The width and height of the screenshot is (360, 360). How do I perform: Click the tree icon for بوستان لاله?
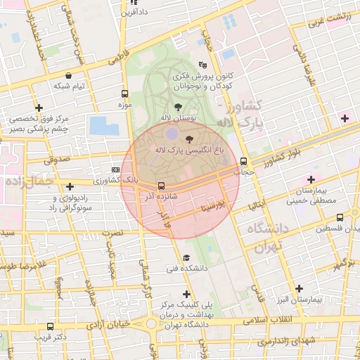pos(178,105)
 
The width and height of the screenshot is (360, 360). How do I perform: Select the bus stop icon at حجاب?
pos(243,160)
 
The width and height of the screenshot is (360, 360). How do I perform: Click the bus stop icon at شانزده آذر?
pos(162,186)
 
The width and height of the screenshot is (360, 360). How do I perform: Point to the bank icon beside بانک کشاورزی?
pos(116,169)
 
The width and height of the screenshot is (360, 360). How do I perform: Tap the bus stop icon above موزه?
pos(125,94)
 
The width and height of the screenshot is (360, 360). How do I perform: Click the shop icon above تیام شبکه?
pos(67,75)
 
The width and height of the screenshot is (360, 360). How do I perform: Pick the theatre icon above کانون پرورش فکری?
pos(203,63)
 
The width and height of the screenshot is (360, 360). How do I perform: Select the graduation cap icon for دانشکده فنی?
pos(186,257)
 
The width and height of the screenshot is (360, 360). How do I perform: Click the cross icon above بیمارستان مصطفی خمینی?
pos(311,179)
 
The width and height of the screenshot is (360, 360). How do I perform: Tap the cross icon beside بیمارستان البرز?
pos(300,288)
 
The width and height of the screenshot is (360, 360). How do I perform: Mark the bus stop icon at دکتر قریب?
pos(50,327)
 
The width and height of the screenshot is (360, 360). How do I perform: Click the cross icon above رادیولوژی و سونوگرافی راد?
pos(70,187)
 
